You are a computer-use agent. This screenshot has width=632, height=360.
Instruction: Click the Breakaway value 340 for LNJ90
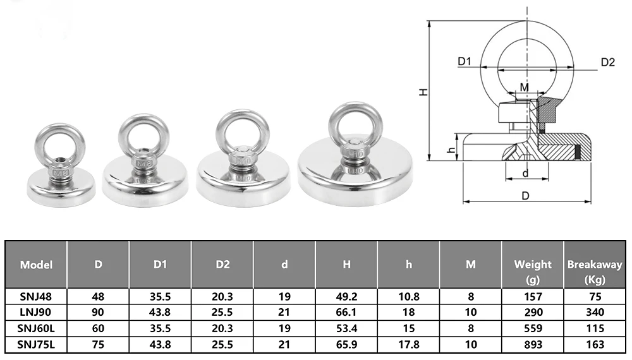[595, 312]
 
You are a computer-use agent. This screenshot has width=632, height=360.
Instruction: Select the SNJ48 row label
[36, 297]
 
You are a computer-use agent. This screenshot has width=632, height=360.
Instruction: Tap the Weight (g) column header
[532, 272]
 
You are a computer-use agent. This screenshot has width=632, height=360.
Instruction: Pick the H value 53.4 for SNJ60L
[346, 328]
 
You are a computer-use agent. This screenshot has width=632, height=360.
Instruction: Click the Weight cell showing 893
[533, 345]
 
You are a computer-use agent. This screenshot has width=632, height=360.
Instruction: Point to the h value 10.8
[409, 297]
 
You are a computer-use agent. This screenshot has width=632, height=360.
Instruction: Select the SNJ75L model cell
[36, 345]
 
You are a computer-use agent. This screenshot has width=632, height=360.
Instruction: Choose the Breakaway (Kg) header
[595, 272]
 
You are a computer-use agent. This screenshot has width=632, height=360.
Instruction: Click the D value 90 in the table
[98, 312]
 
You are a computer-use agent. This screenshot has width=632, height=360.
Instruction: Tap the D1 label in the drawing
[465, 61]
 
